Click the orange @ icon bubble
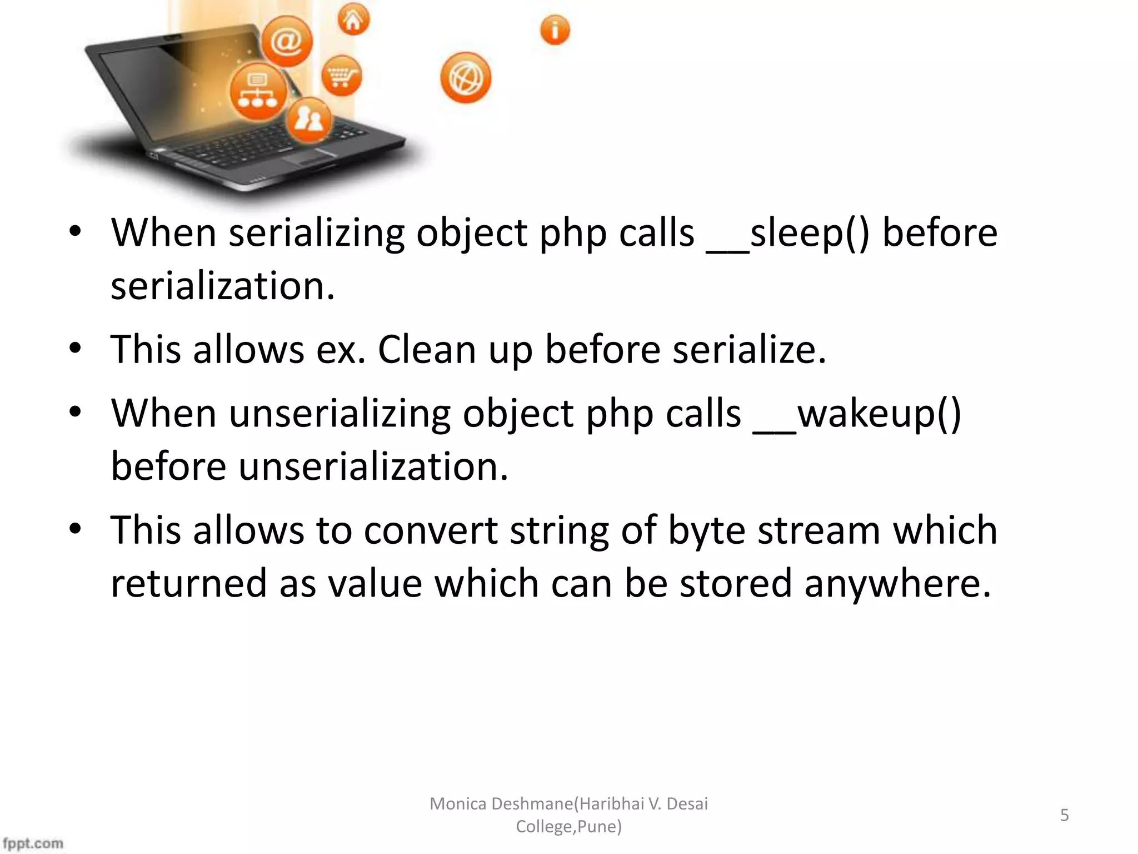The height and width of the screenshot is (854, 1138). click(287, 42)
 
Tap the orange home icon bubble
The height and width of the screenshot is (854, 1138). click(353, 21)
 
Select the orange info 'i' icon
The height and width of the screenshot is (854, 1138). click(555, 30)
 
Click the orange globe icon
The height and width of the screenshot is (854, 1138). click(466, 78)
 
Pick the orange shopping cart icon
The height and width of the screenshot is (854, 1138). click(341, 76)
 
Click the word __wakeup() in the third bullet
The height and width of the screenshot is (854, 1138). click(857, 414)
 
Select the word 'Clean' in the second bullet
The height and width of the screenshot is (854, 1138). click(427, 350)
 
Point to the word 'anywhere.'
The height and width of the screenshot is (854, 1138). click(897, 584)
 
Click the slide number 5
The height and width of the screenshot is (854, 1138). click(1065, 815)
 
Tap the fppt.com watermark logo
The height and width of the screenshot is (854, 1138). click(33, 843)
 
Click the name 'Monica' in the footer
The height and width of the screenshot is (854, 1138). click(458, 804)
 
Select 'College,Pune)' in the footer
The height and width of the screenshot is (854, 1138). click(568, 827)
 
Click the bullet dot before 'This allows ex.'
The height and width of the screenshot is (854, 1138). click(76, 349)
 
